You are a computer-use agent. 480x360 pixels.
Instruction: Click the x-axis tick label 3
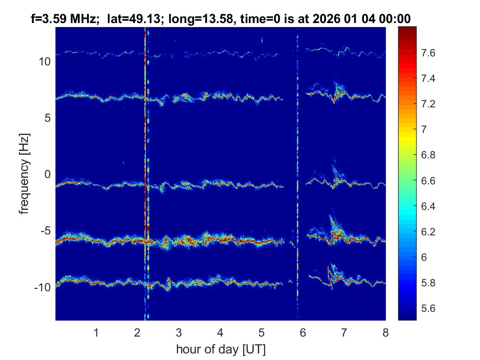pos(179,332)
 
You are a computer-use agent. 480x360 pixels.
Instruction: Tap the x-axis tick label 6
pos(303,332)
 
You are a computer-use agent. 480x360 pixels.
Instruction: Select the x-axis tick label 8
pos(385,332)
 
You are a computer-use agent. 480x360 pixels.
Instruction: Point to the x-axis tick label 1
pos(96,332)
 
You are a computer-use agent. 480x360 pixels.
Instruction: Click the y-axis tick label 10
pos(44,62)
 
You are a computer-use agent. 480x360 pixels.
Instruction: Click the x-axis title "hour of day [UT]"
pos(220,350)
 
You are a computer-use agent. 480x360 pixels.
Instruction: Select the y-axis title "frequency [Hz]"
pos(25,174)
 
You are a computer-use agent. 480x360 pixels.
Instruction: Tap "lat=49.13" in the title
pos(128,19)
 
